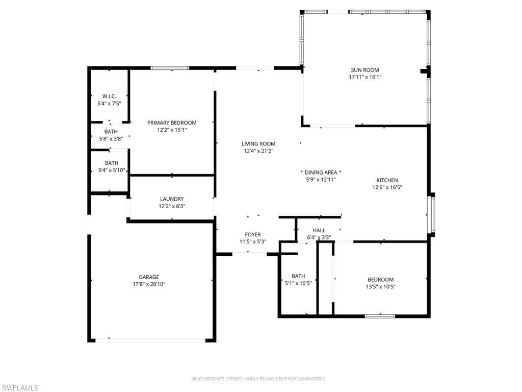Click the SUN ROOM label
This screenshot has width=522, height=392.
[364, 70]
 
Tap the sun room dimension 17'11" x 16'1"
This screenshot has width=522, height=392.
[364, 77]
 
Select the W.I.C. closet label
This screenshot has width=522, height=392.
[109, 96]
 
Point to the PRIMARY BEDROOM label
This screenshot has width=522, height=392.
[172, 122]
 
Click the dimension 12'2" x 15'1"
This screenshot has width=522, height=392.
[172, 130]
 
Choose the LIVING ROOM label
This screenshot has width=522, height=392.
[258, 144]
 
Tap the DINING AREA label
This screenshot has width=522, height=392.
[321, 173]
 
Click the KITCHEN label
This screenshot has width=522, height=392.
[387, 180]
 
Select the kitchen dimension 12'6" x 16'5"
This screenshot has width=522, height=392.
[387, 187]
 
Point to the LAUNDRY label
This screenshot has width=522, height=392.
[172, 199]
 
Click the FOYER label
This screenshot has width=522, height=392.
[253, 235]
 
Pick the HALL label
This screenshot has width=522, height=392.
[319, 230]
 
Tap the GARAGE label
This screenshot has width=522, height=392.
[149, 277]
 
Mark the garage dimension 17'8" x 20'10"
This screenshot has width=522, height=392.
[149, 284]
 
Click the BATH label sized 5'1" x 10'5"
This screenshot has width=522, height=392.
[298, 276]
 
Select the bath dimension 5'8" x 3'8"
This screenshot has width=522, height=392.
[111, 138]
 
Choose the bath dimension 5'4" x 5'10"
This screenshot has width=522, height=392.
[112, 170]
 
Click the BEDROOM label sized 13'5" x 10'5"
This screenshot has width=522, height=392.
[381, 279]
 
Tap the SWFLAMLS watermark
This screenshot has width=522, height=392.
[20, 388]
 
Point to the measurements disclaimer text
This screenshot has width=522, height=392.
[258, 379]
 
